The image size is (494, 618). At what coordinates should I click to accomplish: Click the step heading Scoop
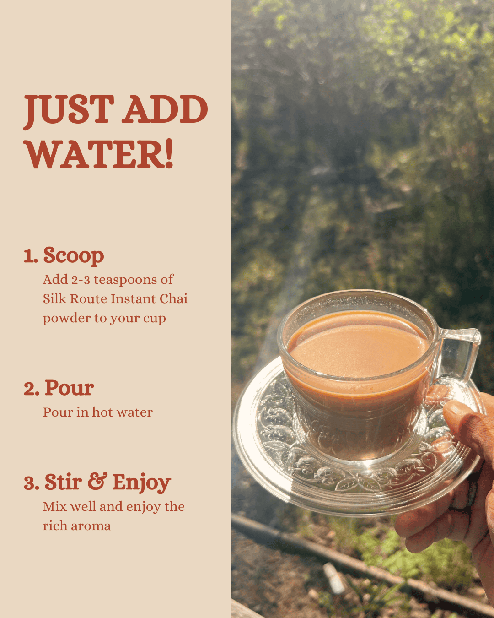tap(73, 255)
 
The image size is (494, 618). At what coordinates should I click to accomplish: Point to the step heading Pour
tap(69, 388)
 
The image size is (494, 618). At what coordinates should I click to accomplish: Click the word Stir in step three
tap(63, 482)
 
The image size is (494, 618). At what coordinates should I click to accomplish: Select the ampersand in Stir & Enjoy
tap(97, 482)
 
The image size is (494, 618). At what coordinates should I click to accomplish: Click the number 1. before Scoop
tap(31, 256)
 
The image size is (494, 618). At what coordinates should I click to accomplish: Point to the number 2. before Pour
tap(32, 389)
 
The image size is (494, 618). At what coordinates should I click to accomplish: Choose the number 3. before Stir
tap(32, 483)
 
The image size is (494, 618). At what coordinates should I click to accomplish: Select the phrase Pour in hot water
tap(98, 412)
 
